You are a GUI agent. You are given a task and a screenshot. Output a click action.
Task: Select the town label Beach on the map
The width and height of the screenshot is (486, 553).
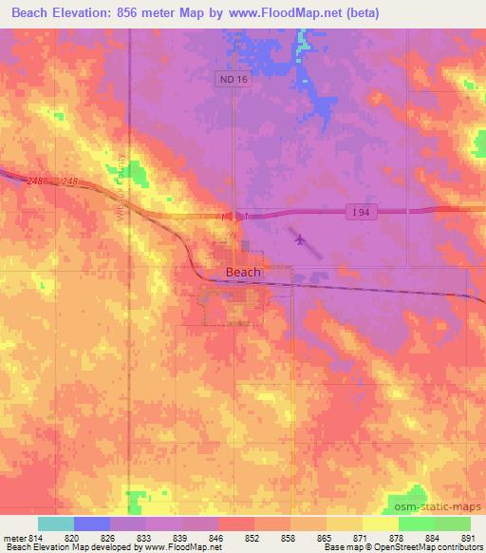click(243, 272)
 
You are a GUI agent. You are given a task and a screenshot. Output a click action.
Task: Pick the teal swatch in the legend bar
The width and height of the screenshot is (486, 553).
click(56, 524)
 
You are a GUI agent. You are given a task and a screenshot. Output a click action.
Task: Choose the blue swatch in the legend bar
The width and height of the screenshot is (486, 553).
click(92, 524)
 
